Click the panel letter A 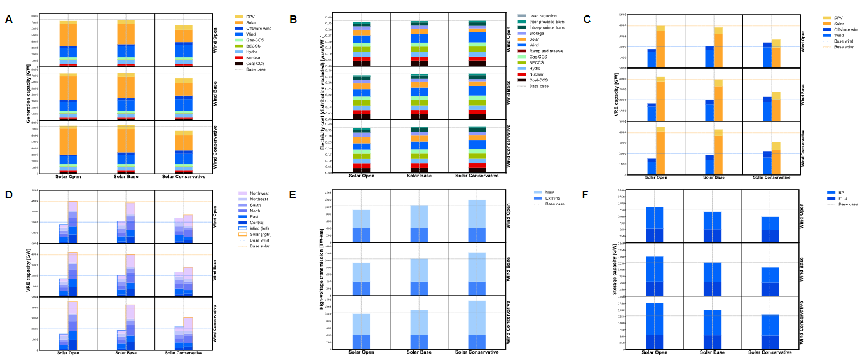[x=9, y=19]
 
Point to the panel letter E [x=293, y=195]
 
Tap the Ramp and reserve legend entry [x=549, y=50]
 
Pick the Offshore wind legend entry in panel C [x=845, y=29]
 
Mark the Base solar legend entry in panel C [x=842, y=46]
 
